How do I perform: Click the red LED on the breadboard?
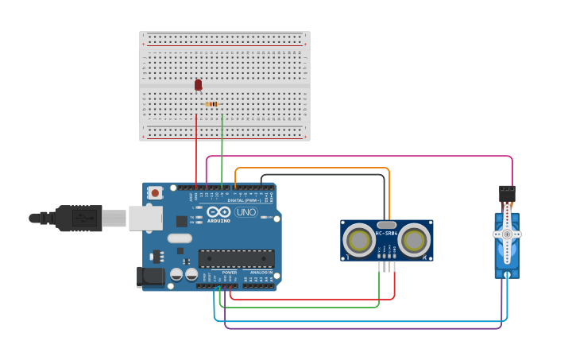(198, 84)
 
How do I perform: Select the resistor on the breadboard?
(212, 104)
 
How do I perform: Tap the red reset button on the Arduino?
(156, 192)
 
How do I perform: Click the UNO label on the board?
(245, 212)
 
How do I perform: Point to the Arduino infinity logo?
(218, 211)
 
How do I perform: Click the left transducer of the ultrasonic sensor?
(358, 240)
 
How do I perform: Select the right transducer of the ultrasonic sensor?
(414, 240)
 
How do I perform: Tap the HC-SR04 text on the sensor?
(386, 233)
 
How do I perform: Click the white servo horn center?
(507, 234)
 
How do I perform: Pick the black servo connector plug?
(507, 193)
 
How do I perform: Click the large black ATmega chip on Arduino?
(236, 258)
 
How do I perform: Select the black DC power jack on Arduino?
(149, 277)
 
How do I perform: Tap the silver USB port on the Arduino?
(145, 218)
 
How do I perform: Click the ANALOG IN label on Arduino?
(261, 273)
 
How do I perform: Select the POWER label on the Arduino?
(229, 273)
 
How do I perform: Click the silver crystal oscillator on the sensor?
(386, 225)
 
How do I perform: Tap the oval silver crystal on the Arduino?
(180, 238)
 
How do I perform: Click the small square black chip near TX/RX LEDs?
(182, 222)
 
